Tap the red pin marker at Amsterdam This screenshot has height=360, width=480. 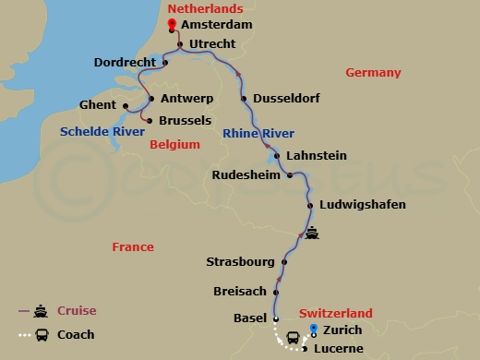coord(172,22)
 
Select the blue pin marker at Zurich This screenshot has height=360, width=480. coord(313,328)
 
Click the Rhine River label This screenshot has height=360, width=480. coord(258,134)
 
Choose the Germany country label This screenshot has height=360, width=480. coord(373,73)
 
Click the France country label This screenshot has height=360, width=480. coord(133,247)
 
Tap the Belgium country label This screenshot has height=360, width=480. coord(174,145)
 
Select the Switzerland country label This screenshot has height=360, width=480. coord(336,313)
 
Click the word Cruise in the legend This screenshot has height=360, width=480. coord(77,311)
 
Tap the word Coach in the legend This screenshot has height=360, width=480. coord(76,335)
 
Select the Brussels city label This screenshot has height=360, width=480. coord(186,120)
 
